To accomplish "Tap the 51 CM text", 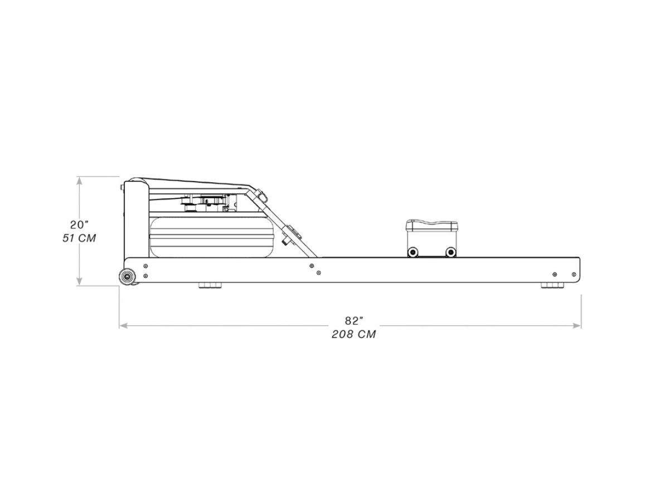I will [79, 238].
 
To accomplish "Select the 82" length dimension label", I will [353, 321].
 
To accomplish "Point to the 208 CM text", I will [353, 335].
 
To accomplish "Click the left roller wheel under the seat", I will [413, 252].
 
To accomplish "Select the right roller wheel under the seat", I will [450, 252].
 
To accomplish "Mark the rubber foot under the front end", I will [209, 286].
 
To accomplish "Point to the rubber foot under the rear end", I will [551, 286].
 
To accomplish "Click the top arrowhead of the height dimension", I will [80, 180].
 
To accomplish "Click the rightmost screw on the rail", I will [574, 274].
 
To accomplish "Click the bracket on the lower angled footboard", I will [290, 235].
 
